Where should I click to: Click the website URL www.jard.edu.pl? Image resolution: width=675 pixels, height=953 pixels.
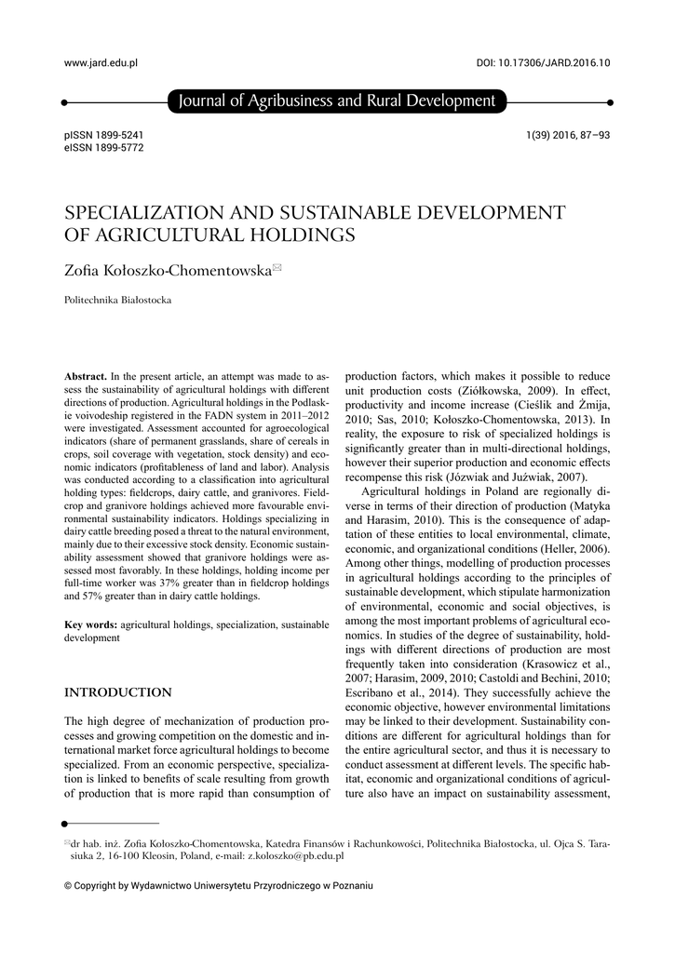point(101,63)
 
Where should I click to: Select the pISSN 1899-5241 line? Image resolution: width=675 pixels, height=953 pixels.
point(103,136)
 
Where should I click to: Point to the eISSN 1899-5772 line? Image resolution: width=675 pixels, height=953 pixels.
point(103,148)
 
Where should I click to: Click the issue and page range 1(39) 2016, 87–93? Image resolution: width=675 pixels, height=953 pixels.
point(568,136)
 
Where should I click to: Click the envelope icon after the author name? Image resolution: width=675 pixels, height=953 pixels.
point(277,268)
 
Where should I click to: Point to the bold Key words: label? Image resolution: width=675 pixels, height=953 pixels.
point(91,624)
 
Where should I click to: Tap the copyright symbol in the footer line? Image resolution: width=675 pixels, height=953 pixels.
point(67,886)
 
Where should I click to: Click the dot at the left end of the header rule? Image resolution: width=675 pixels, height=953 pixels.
point(63,101)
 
